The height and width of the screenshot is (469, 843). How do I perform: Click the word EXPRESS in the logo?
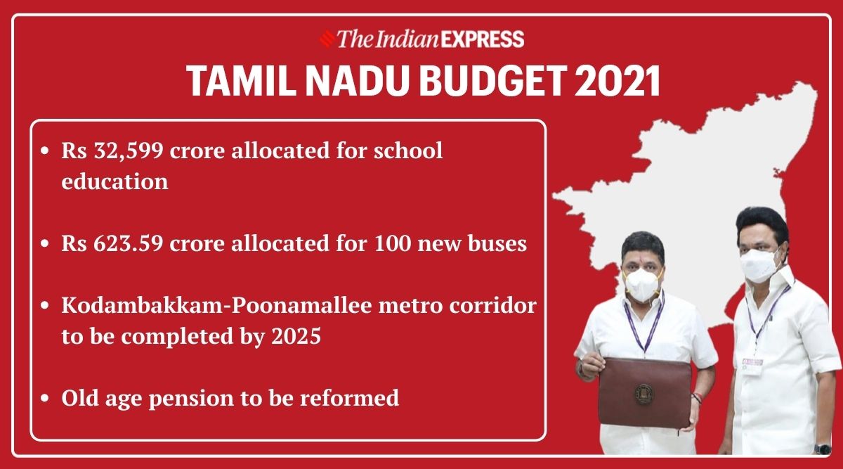click(x=482, y=39)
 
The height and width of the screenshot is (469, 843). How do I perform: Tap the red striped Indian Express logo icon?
click(x=327, y=39)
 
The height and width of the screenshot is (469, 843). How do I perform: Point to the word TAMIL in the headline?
click(x=240, y=82)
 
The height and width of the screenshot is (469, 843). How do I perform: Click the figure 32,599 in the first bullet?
click(x=129, y=151)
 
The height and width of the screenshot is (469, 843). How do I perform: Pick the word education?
click(x=115, y=181)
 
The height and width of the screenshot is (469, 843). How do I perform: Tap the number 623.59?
click(x=129, y=243)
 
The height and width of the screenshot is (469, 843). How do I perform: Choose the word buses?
click(x=497, y=243)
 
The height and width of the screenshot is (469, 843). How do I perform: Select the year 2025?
click(x=296, y=336)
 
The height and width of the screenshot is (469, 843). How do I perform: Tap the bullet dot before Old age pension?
click(x=45, y=398)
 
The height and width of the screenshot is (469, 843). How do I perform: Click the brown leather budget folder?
click(x=644, y=393)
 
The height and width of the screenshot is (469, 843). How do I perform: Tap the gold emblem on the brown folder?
click(x=644, y=394)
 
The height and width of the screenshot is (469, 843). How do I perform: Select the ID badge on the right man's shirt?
click(x=752, y=366)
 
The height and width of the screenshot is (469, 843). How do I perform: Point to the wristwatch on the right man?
click(x=823, y=449)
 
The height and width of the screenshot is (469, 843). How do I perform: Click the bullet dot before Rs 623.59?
click(x=45, y=243)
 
